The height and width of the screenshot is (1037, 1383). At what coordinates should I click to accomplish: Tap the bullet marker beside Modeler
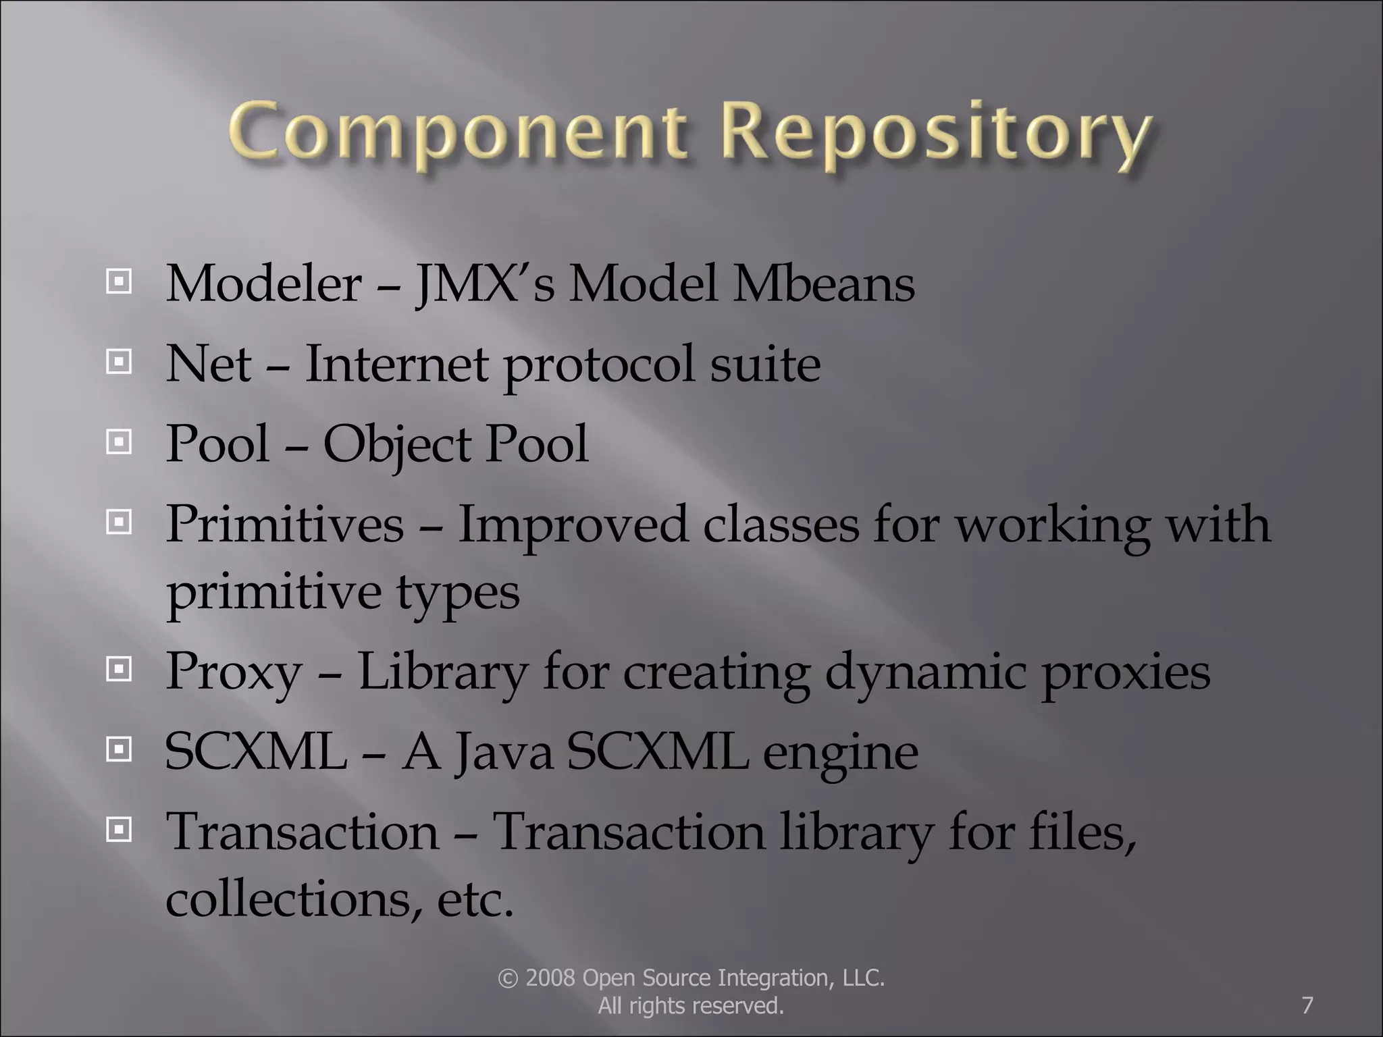pyautogui.click(x=119, y=282)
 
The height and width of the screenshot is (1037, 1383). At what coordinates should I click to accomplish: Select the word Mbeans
pyautogui.click(x=824, y=284)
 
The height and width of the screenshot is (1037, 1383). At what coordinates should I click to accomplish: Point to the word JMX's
pyautogui.click(x=485, y=284)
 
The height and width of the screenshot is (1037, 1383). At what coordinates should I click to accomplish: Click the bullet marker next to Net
pyautogui.click(x=119, y=363)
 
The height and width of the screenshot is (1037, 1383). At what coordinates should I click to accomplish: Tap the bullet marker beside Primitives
pyautogui.click(x=119, y=522)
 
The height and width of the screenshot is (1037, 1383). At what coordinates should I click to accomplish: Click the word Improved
pyautogui.click(x=573, y=525)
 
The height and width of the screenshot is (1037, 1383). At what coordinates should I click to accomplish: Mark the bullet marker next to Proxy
pyautogui.click(x=119, y=670)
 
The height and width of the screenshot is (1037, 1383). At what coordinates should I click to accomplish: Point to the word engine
pyautogui.click(x=840, y=753)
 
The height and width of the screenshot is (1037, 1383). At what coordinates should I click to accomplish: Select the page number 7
pyautogui.click(x=1307, y=1005)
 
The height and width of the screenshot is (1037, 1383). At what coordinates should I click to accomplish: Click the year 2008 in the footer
pyautogui.click(x=550, y=978)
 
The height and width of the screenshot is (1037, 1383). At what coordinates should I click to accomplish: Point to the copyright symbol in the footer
pyautogui.click(x=507, y=978)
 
